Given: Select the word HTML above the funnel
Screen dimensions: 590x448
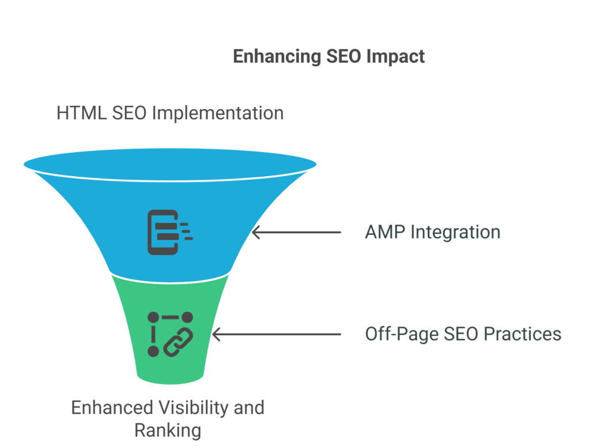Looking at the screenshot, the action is click(81, 113).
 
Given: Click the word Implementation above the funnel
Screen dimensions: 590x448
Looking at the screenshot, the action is click(217, 113).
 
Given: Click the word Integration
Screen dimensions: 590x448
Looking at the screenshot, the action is click(455, 233).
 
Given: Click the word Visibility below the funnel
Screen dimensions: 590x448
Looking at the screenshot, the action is click(193, 408).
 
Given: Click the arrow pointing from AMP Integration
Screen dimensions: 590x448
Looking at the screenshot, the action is click(297, 233).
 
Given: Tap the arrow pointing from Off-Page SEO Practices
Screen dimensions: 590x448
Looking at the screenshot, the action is click(277, 335).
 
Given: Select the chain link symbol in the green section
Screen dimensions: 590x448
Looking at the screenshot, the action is click(179, 342).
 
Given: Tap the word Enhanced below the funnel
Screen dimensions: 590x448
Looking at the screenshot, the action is click(112, 408).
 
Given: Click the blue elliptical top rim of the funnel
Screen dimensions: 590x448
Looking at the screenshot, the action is click(170, 164).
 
